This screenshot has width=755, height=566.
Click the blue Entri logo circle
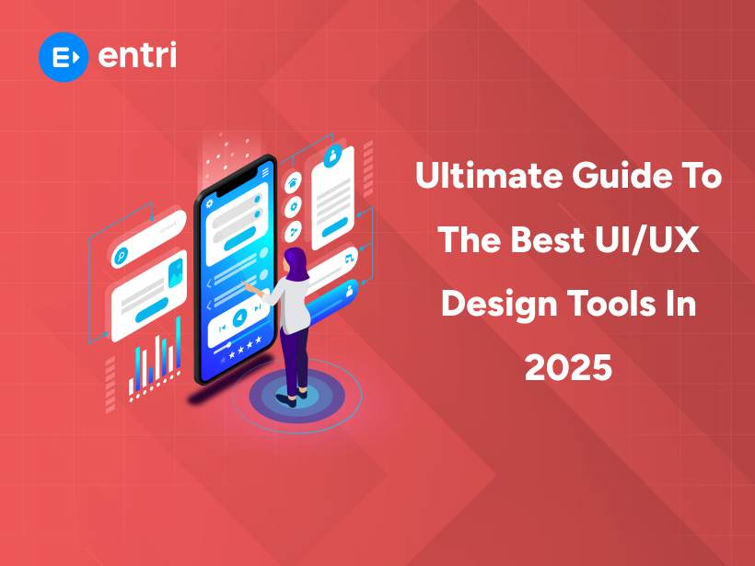click(x=64, y=56)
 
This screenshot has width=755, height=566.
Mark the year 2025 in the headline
click(x=568, y=366)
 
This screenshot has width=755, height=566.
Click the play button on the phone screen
click(x=238, y=318)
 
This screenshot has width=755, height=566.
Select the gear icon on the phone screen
click(x=209, y=203)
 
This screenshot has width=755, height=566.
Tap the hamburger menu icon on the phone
click(x=266, y=171)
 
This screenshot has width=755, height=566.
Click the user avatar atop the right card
click(x=334, y=154)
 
